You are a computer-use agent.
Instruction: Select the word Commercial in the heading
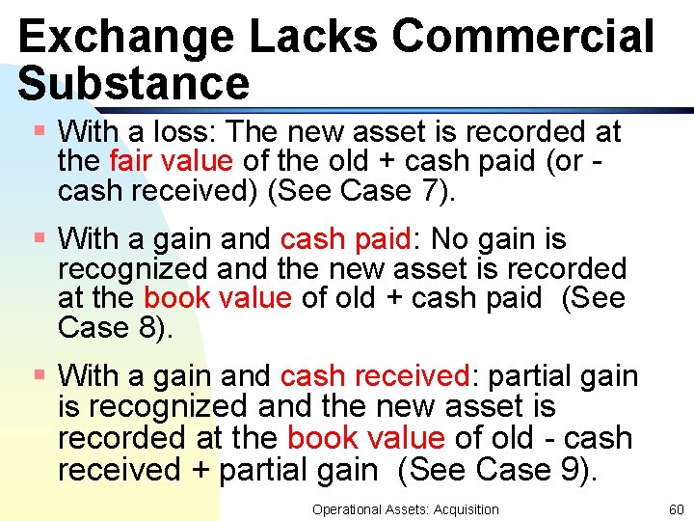tap(524, 37)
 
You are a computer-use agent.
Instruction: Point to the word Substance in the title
tap(133, 83)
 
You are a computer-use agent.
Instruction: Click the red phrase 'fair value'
tap(171, 161)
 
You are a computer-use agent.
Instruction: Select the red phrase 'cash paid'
tap(339, 238)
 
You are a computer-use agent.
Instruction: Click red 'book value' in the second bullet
tap(217, 298)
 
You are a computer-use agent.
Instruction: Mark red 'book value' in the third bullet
tap(365, 438)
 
